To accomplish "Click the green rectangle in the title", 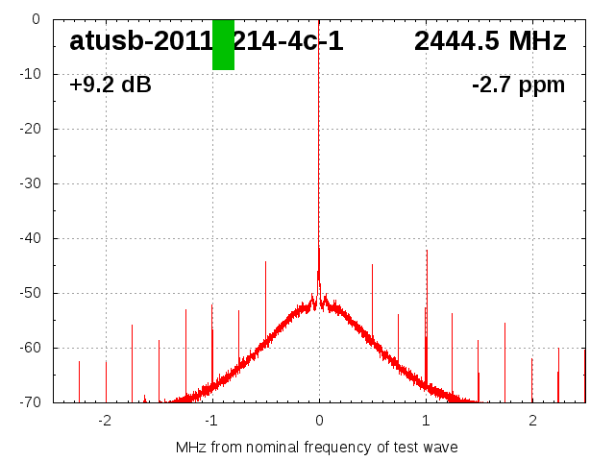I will tap(223, 44).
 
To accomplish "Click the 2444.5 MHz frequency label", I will tap(490, 41).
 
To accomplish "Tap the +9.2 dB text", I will tap(111, 85).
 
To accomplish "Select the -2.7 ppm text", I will tap(519, 85).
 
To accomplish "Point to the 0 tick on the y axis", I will tap(35, 19).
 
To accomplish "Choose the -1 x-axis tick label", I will tap(210, 421).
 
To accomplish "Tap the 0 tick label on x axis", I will tap(319, 421).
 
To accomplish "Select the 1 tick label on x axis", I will tap(426, 421).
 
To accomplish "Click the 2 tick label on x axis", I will tap(532, 421).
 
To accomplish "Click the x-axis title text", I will tap(317, 448).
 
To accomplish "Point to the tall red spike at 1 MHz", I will tap(427, 288).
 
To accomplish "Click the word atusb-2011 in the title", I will tap(140, 41).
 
